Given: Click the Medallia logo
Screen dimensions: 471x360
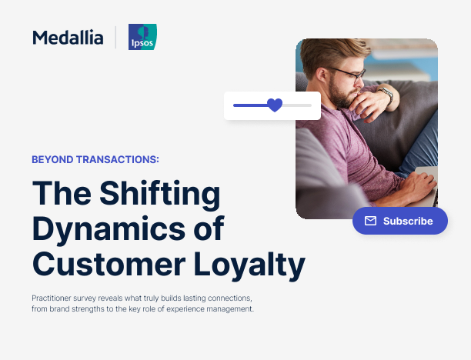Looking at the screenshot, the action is [x=68, y=38].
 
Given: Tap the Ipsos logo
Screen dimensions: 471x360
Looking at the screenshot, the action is [x=142, y=37].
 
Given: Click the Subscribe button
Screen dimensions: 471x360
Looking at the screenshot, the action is [x=400, y=221].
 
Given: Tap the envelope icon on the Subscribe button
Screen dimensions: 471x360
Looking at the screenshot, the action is [x=370, y=221].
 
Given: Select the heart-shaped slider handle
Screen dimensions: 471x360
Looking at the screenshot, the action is [x=275, y=105].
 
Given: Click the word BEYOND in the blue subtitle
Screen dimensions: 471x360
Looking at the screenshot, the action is [x=52, y=160].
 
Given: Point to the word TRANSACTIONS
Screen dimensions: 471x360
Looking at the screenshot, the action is [x=118, y=160].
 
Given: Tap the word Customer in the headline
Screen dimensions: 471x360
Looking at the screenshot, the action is [x=109, y=265].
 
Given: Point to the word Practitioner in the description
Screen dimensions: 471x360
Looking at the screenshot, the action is [x=52, y=298].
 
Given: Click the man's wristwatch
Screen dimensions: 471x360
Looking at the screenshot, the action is [x=387, y=94].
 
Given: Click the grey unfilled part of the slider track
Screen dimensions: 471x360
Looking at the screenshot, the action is [x=297, y=105].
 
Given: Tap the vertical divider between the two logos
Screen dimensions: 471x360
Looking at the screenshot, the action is [x=115, y=37].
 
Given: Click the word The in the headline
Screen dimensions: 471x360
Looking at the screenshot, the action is [x=62, y=193].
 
